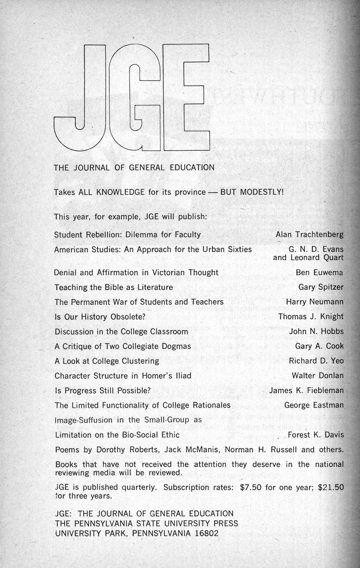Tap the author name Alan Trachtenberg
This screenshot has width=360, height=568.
point(309,235)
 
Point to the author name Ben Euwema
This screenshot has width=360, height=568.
point(319,272)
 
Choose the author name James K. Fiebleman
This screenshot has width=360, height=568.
point(306,390)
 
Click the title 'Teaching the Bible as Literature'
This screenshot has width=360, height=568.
point(114,287)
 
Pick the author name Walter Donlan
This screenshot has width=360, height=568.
point(318,375)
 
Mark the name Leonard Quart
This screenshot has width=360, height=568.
point(317,258)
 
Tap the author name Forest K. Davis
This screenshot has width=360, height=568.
point(316,435)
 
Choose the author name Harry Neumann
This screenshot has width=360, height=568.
point(315,302)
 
